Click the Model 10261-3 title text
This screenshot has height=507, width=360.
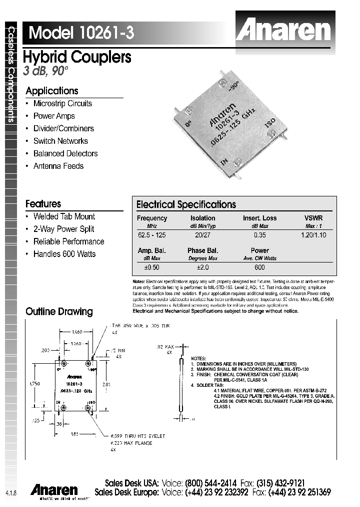point(81,33)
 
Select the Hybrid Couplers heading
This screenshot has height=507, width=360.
point(77,57)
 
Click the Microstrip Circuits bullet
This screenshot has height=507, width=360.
point(62,104)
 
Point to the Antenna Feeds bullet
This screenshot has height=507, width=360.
point(58,166)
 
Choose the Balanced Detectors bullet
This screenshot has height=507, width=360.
point(65,154)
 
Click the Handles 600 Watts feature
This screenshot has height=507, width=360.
point(64,254)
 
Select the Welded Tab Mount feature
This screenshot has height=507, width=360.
point(64,216)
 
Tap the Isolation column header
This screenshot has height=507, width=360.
point(202,218)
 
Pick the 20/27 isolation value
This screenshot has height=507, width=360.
point(202,235)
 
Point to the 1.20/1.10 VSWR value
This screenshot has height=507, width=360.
point(313,235)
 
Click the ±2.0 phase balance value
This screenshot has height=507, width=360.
point(202,268)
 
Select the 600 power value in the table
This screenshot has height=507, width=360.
point(259,268)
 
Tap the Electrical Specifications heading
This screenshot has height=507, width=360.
point(186,204)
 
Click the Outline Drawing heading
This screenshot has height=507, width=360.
point(59,312)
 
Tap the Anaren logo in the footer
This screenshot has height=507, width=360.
point(54,489)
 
